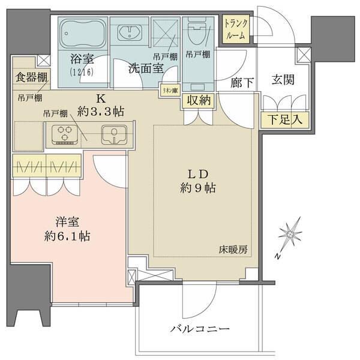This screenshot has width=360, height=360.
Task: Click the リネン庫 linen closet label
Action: click(167, 90)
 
